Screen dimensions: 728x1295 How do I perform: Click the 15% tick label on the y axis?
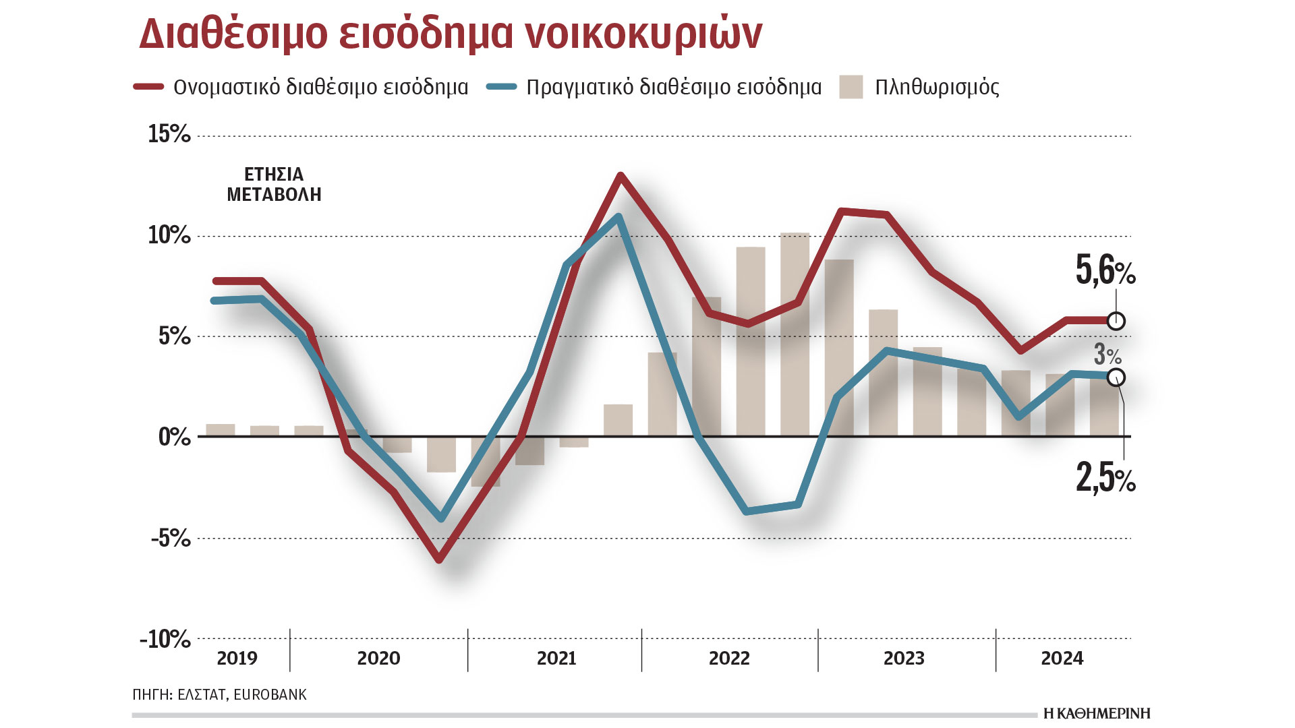(x=169, y=134)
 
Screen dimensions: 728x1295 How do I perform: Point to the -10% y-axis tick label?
(x=165, y=638)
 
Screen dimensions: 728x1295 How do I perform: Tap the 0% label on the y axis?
(x=174, y=437)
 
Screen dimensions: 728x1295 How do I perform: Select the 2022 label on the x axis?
(x=729, y=658)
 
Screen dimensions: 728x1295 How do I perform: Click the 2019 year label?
(x=237, y=658)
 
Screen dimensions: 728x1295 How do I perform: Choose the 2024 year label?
(x=1062, y=658)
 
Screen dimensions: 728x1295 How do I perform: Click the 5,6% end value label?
(x=1105, y=271)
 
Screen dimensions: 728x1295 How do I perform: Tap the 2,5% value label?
(x=1105, y=479)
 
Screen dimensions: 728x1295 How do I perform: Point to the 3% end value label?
(x=1107, y=355)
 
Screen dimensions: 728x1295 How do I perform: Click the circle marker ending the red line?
(x=1116, y=321)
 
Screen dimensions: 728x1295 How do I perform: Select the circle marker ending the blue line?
(x=1116, y=377)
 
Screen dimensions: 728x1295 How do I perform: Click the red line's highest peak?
(x=620, y=176)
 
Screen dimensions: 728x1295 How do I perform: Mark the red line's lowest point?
(x=440, y=559)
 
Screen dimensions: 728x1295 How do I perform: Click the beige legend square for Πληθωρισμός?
(x=851, y=87)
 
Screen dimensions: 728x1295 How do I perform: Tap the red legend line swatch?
(x=148, y=87)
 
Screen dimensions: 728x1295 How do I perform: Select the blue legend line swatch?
(x=501, y=87)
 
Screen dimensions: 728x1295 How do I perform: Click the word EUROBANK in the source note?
(x=270, y=694)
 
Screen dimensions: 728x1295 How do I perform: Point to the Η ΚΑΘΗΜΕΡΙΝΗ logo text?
(x=1096, y=713)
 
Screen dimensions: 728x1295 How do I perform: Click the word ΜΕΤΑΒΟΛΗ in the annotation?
(x=274, y=195)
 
